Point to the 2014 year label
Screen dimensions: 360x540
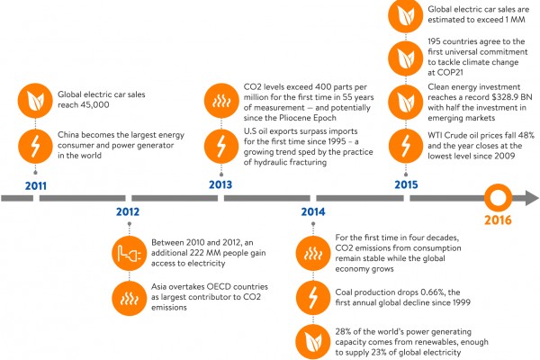tap(313, 213)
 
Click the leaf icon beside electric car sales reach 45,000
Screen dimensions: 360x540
tap(35, 100)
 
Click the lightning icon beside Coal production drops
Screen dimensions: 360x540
tap(313, 296)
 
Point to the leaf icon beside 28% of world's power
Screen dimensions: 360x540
tap(313, 339)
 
